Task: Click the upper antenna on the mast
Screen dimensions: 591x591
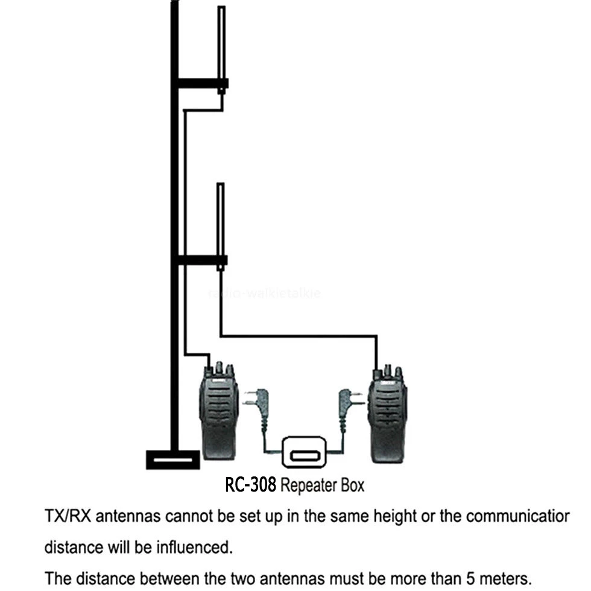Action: [x=221, y=45]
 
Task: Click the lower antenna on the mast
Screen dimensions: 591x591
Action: [x=221, y=220]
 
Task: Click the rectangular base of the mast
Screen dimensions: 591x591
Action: [x=173, y=460]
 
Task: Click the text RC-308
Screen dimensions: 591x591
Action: [x=250, y=485]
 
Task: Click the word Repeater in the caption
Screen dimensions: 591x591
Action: [x=309, y=485]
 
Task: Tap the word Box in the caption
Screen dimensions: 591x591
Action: [x=352, y=485]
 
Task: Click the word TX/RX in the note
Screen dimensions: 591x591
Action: [x=68, y=517]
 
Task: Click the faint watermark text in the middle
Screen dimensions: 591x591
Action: [x=264, y=294]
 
